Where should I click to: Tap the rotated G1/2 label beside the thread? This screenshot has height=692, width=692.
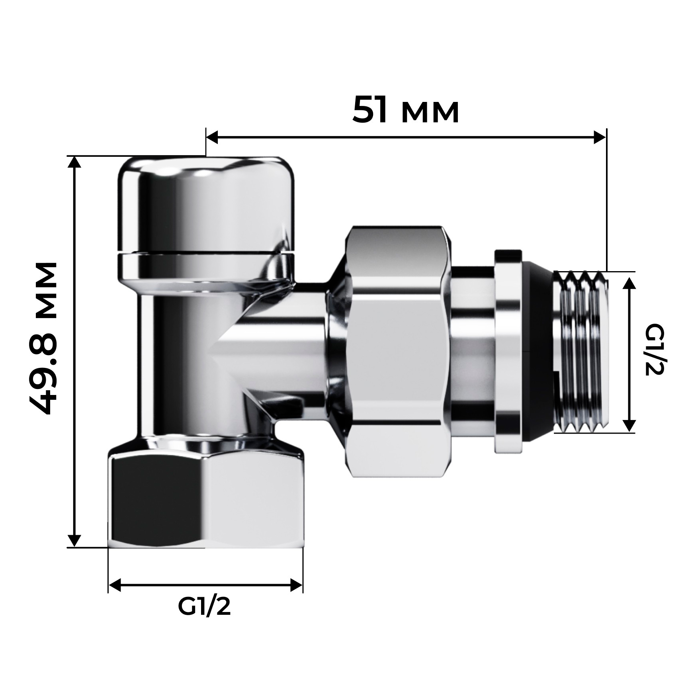[653, 350]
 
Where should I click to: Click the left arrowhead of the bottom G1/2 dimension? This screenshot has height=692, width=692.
[115, 585]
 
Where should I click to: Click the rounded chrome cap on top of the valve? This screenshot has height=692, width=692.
[206, 207]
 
